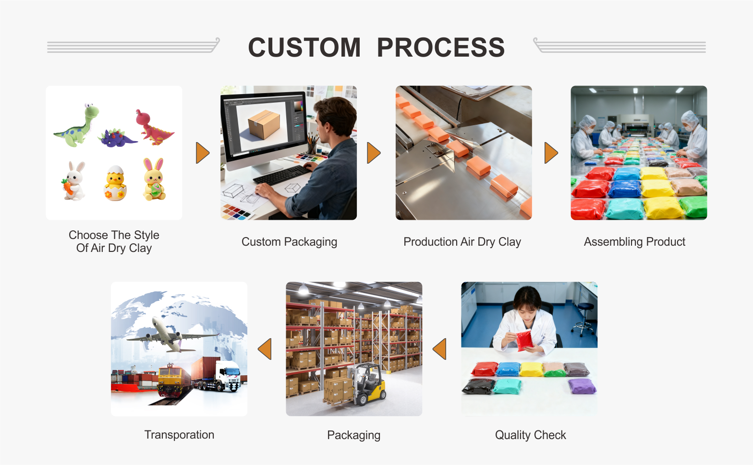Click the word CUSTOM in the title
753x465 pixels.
[304, 48]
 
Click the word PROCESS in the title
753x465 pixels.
[440, 48]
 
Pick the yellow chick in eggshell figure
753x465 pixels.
[115, 183]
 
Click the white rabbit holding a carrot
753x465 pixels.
[74, 181]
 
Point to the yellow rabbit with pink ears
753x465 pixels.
[154, 180]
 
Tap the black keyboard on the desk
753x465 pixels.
[281, 175]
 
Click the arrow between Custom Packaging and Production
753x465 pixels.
[373, 153]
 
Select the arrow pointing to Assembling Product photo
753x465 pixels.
[551, 153]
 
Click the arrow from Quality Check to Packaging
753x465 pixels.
[440, 349]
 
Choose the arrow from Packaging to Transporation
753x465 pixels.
[265, 349]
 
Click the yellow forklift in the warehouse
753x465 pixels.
[368, 384]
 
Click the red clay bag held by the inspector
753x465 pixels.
[524, 340]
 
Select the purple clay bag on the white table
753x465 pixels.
[582, 386]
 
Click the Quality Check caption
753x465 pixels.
[530, 435]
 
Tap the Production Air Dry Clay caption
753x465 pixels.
[462, 242]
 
